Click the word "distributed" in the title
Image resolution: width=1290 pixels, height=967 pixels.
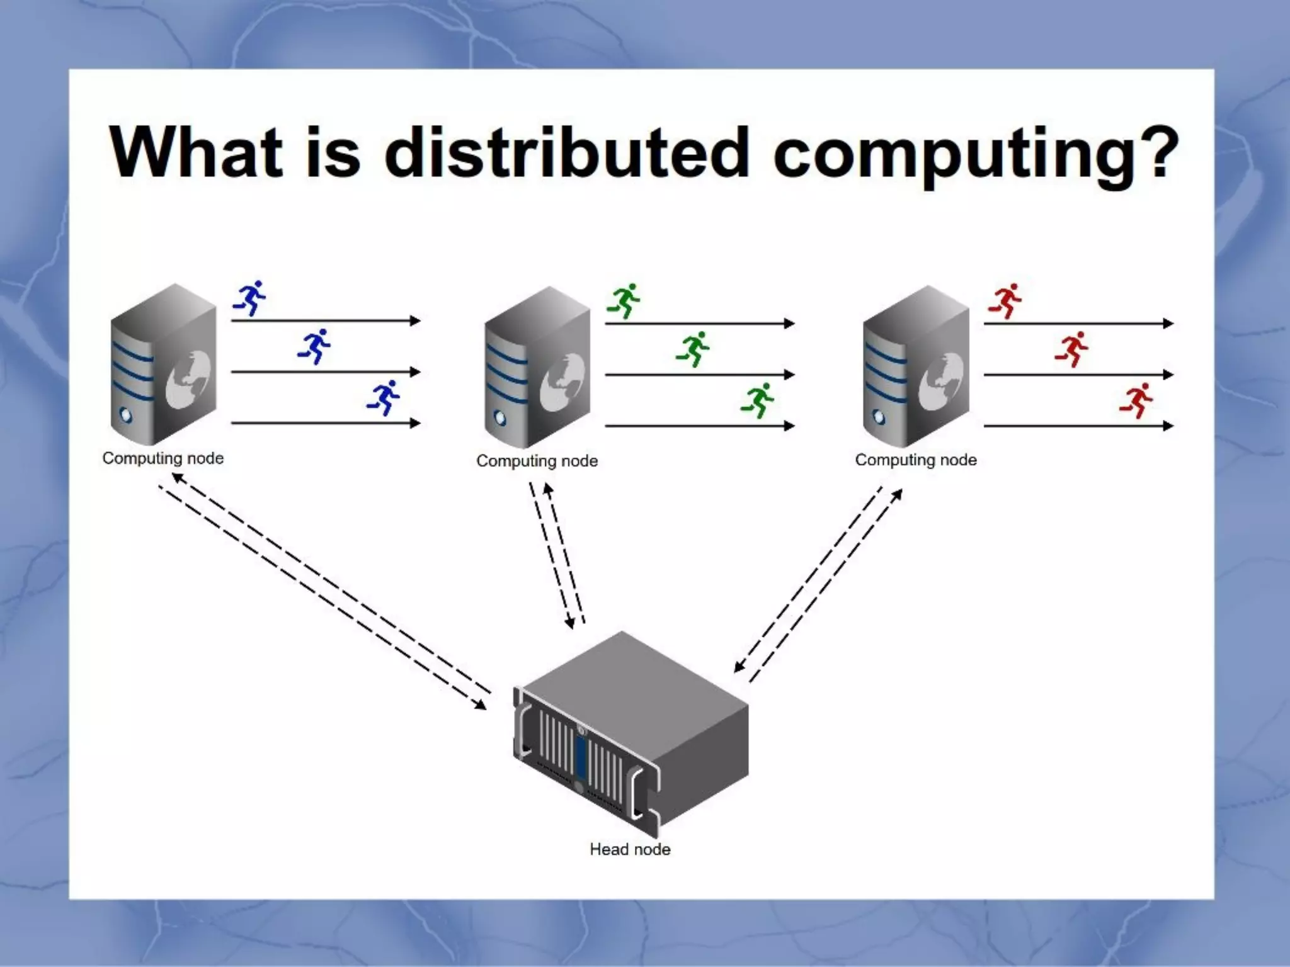point(567,152)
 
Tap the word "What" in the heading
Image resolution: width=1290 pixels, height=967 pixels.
point(195,152)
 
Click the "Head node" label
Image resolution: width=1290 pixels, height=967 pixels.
point(630,849)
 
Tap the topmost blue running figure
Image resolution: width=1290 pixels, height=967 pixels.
point(251,297)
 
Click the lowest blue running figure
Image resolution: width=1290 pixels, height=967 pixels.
point(384,397)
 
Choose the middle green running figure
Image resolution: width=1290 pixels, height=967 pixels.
point(693,349)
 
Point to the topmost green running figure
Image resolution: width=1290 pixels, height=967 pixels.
point(624,300)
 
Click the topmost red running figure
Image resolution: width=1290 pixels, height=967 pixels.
point(1005,300)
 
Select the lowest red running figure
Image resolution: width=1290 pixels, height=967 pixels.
point(1136,400)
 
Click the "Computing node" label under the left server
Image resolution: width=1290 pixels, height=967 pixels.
point(163,458)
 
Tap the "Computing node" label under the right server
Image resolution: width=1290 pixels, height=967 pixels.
point(916,460)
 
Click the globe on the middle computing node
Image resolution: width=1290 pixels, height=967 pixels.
point(562,382)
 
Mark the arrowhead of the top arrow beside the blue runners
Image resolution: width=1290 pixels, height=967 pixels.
point(415,321)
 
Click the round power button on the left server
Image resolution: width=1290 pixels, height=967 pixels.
point(125,416)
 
